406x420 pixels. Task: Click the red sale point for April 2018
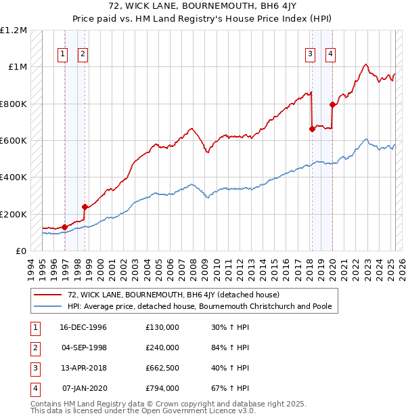pyautogui.click(x=312, y=129)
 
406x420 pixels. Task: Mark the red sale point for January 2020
pyautogui.click(x=332, y=104)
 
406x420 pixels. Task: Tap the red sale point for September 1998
pyautogui.click(x=85, y=207)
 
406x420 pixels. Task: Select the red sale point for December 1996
pyautogui.click(x=65, y=227)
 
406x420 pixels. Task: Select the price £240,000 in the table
pyautogui.click(x=162, y=348)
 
